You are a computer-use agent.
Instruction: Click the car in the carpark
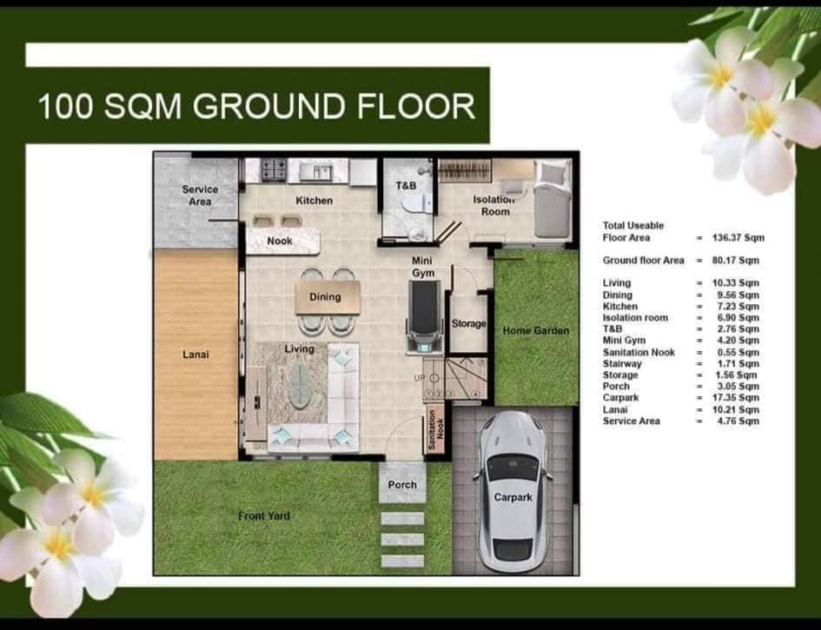tap(512, 492)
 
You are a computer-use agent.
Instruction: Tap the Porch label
tap(402, 485)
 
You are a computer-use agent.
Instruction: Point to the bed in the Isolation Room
tap(552, 199)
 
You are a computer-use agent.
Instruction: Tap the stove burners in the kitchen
tap(274, 169)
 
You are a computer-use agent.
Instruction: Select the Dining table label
tap(325, 297)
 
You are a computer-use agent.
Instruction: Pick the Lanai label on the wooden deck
tap(195, 355)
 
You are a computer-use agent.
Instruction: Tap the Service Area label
tap(200, 196)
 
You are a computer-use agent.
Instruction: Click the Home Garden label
tap(536, 330)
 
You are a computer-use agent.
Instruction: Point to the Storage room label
tap(468, 323)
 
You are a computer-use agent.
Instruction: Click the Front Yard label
tap(264, 516)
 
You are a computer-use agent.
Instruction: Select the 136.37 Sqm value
tap(738, 238)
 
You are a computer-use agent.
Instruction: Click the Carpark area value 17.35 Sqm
tap(736, 398)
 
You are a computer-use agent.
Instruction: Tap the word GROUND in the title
tap(269, 106)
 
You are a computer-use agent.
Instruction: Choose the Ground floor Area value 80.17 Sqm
tap(736, 261)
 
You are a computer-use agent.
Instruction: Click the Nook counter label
tap(280, 241)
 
